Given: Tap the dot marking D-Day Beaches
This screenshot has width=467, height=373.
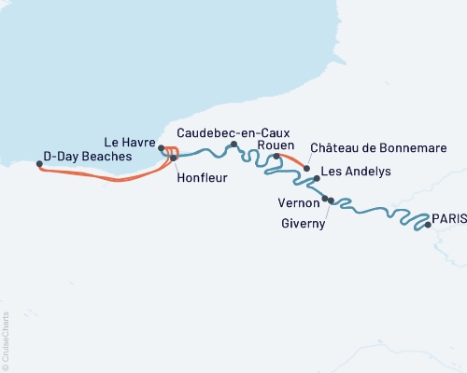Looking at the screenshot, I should pos(39,164).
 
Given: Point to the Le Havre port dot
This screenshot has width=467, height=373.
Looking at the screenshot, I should pos(162,148).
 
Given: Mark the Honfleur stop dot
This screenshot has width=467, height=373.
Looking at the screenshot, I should pos(173,159).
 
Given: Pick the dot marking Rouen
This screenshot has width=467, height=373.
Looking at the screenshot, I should pos(276,156).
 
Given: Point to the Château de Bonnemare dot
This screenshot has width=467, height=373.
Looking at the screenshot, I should pos(306,168).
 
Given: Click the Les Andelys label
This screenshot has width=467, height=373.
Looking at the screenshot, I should pos(355,173).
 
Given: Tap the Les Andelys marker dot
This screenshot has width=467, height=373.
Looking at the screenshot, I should pos(317,178).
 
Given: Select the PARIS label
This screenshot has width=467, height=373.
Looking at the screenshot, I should pos(449,217).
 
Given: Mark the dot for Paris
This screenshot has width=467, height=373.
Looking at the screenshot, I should pos(428,225).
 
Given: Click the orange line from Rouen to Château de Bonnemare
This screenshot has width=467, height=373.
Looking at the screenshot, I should pos(292,160).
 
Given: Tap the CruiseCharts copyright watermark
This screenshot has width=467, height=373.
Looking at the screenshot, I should pos(6,340).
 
